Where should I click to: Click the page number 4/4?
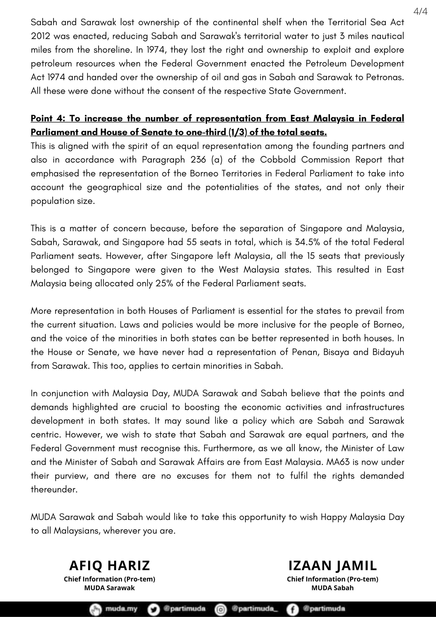click(420, 11)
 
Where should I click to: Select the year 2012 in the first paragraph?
click(40, 36)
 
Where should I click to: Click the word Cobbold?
click(278, 160)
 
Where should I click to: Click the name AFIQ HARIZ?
click(109, 566)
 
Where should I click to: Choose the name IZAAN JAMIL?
click(333, 566)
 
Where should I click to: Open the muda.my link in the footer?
click(121, 609)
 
